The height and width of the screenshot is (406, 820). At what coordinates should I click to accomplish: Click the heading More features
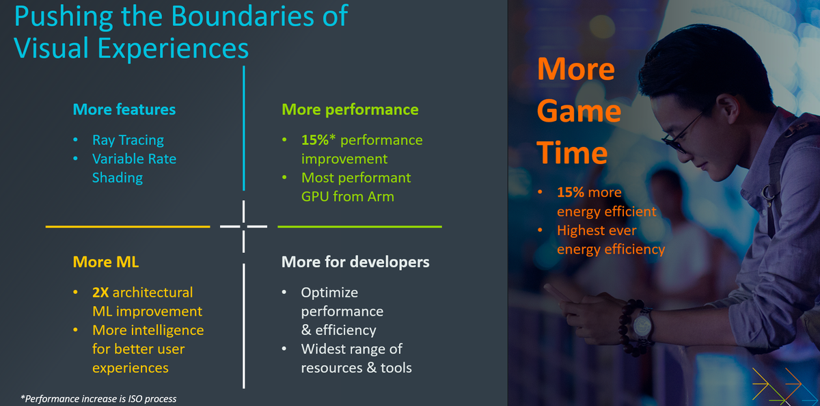pos(124,109)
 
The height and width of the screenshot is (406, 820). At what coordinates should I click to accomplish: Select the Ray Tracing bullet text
pos(128,140)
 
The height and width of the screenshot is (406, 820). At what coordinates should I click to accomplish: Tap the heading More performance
pos(350,109)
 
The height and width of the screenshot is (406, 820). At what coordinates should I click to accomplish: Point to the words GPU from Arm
pos(347,197)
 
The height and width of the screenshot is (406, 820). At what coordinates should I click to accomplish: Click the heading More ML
pos(100,262)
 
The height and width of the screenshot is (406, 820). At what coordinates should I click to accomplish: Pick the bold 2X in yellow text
pos(100,293)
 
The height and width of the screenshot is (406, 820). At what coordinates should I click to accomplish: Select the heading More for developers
pos(355,262)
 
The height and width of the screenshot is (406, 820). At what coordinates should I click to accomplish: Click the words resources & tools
pos(356,368)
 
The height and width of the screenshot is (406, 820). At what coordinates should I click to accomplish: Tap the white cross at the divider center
pos(244,226)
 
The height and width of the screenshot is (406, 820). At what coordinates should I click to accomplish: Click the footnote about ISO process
pos(98,398)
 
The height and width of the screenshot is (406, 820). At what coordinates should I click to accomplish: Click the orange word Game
pos(578,111)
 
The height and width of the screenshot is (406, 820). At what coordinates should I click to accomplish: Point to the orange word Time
pos(572,152)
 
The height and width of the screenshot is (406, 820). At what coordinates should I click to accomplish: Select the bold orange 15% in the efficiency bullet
pos(571,193)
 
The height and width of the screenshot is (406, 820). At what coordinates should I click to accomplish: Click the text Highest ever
pos(597,230)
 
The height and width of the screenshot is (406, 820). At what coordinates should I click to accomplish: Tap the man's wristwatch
pos(642,321)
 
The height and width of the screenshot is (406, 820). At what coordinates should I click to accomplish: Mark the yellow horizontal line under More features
pos(128,226)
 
